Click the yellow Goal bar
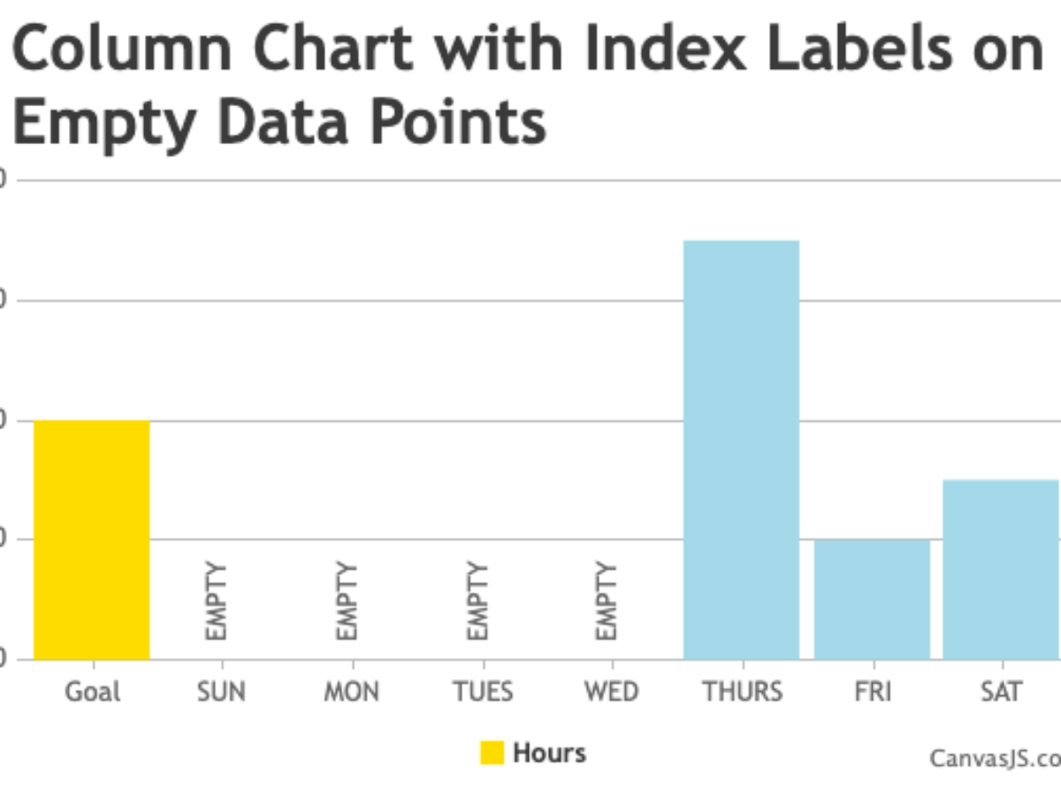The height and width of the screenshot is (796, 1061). pos(92,540)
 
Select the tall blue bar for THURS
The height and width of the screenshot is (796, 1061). pos(741,449)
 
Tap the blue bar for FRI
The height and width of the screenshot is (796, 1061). pos(872,599)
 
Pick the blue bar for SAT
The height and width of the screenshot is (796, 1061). pos(1001,569)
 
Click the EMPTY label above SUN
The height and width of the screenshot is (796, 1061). pos(217,601)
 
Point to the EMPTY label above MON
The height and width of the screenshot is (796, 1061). pos(347,601)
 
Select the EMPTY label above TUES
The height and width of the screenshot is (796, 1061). pos(477,601)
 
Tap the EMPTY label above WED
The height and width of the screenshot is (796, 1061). pos(606,601)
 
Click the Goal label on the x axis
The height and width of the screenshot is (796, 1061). pos(92,691)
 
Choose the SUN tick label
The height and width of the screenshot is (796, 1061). pos(222,691)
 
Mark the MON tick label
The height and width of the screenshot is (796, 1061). pos(351,691)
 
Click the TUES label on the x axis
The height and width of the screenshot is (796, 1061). pos(482,691)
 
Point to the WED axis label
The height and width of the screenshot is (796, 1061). pos(611,691)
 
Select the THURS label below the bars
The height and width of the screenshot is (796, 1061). pos(743,691)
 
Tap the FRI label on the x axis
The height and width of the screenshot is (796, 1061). pos(872,691)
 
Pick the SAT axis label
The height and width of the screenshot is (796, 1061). pos(1001,691)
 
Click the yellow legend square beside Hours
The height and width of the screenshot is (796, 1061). pos(492,753)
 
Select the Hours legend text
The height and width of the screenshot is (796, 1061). pos(549,753)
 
